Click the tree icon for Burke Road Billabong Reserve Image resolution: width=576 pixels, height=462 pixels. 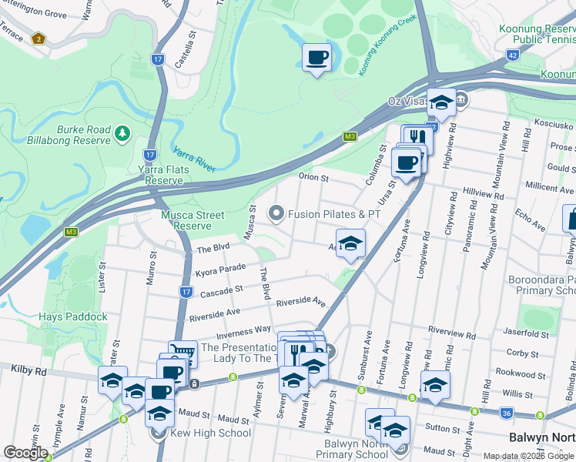[x=122, y=135]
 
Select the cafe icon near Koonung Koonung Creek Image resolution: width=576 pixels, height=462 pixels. [x=316, y=57]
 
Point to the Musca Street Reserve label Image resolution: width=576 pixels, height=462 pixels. [x=193, y=220]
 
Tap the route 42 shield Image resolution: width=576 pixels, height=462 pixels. [x=512, y=55]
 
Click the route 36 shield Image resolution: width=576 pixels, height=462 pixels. [x=505, y=413]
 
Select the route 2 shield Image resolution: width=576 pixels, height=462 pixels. [x=38, y=38]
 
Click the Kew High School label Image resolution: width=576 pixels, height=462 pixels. [x=212, y=433]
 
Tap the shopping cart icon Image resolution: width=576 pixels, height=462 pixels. [x=183, y=353]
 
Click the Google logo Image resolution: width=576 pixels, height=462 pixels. [x=25, y=453]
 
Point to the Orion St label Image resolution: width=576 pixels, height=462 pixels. [x=313, y=178]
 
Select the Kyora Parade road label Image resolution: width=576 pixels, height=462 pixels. [x=222, y=270]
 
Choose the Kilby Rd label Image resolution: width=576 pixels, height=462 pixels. [x=28, y=370]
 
